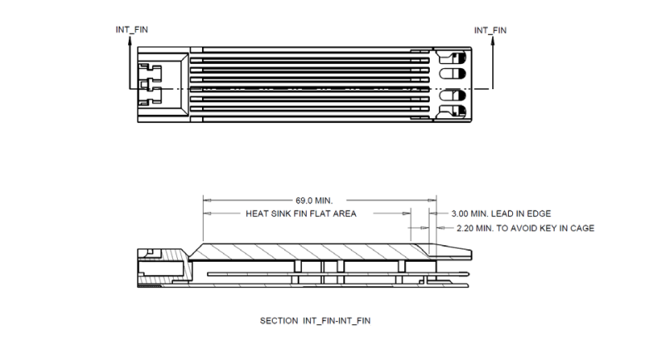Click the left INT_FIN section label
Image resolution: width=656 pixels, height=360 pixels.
(x=131, y=30)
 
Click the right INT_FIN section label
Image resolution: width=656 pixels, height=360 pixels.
(x=491, y=30)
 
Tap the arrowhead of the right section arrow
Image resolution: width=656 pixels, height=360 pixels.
(x=493, y=41)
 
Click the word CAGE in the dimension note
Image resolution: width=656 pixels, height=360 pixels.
(x=582, y=228)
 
